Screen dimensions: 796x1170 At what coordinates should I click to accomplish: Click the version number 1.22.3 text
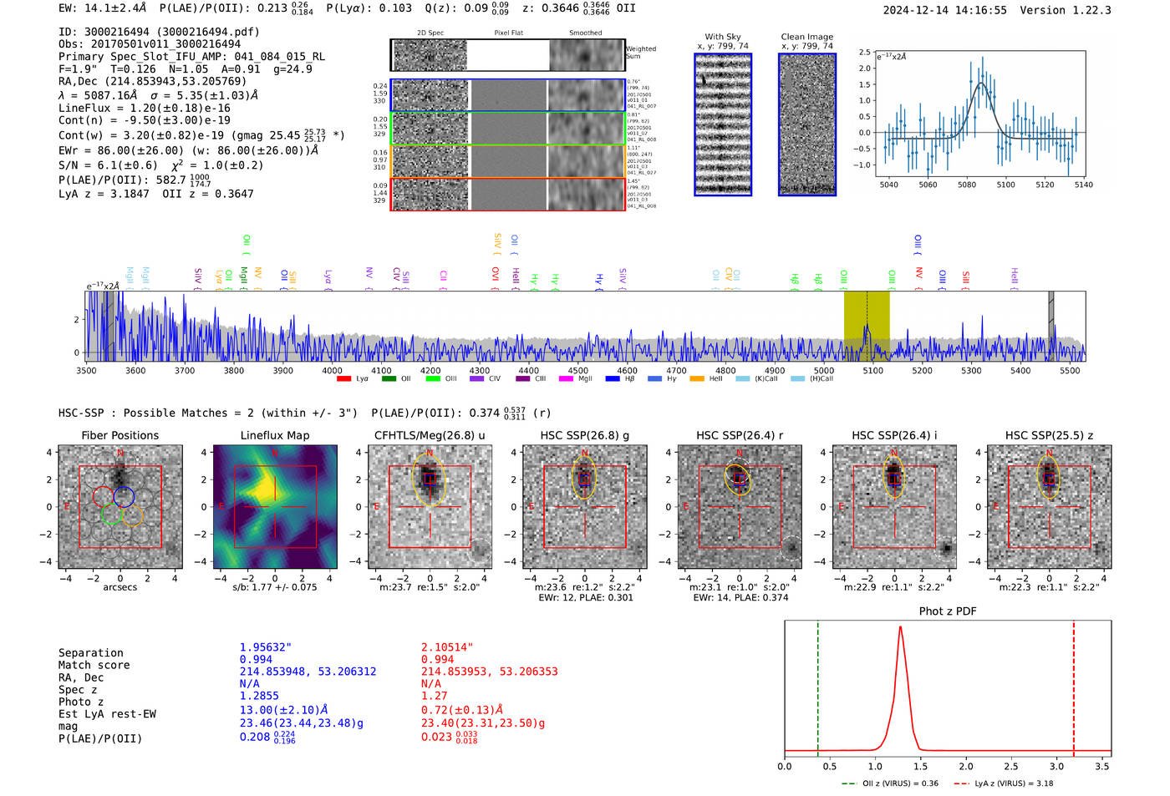point(1085,10)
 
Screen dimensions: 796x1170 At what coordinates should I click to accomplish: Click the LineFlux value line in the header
point(145,108)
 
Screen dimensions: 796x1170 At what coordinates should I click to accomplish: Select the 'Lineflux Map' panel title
point(274,435)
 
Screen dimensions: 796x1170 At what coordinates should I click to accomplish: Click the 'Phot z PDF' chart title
point(948,611)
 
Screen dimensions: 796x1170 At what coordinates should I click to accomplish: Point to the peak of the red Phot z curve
point(900,627)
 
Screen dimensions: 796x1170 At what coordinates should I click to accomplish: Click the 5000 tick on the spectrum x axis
point(824,370)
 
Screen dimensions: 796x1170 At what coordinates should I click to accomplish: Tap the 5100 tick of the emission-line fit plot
point(1005,185)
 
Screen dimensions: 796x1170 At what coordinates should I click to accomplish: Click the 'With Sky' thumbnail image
point(723,124)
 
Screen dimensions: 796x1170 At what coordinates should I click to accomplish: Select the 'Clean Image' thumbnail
point(807,124)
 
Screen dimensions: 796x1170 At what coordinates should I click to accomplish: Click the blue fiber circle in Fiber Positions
point(124,497)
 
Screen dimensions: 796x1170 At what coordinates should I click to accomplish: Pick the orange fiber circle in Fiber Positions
point(132,515)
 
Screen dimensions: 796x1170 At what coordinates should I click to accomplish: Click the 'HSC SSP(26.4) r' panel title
point(740,435)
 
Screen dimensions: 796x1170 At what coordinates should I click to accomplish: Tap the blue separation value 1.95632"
point(266,647)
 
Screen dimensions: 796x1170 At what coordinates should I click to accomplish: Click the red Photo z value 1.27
point(434,696)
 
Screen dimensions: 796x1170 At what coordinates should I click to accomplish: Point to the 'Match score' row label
point(94,666)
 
